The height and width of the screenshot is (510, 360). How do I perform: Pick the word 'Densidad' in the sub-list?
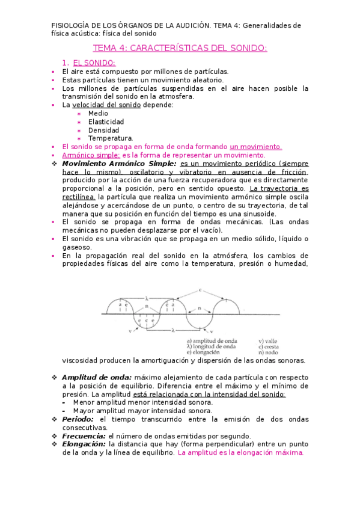click(104, 130)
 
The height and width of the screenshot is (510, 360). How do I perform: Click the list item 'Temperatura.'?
click(111, 138)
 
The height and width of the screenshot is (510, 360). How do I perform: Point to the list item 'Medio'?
click(99, 113)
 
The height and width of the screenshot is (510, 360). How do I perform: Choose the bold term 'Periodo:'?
click(78, 419)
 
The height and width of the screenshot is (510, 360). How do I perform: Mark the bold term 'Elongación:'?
click(84, 444)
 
